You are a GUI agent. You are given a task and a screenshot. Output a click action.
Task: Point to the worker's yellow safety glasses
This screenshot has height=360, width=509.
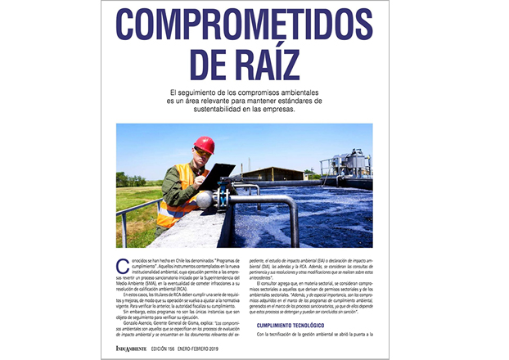point(201,153)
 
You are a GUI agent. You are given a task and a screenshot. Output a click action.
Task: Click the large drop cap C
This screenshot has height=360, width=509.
point(122,265)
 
